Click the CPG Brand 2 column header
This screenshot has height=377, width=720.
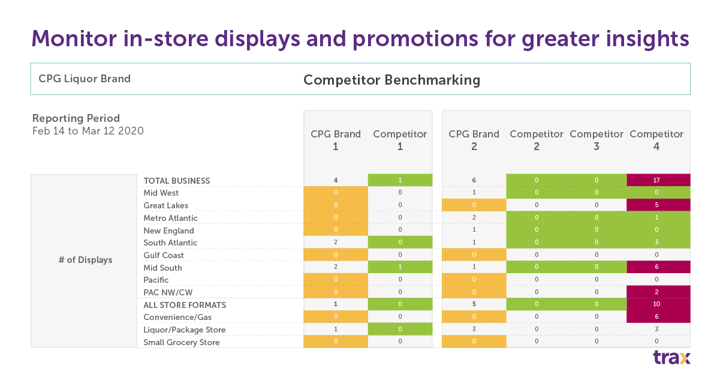pos(474,140)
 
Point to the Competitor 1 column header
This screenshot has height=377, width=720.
pos(400,140)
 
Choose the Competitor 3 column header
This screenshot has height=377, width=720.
pos(597,140)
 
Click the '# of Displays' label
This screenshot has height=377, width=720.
pos(85,260)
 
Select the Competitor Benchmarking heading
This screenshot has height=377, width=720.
pos(391,80)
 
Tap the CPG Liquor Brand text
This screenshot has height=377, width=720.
pos(85,79)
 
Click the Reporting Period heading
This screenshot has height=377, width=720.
pos(76,118)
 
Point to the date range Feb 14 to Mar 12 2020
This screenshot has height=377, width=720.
pos(88,130)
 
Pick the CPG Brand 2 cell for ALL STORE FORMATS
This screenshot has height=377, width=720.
pos(474,305)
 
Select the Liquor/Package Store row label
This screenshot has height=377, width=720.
pos(185,330)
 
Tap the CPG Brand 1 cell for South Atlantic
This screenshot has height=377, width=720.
pos(336,243)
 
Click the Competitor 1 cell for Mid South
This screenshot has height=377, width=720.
pos(400,268)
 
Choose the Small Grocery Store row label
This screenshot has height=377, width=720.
pos(182,342)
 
